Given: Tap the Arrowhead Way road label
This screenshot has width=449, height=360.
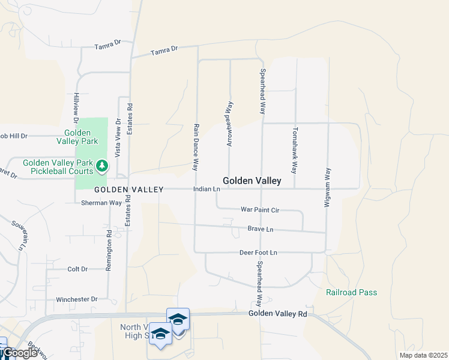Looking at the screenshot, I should coord(229,124).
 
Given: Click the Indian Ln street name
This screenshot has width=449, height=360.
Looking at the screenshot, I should coord(207,189).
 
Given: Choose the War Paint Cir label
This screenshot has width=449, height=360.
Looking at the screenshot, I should coord(260,210).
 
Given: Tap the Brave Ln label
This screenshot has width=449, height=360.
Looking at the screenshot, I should coord(261,229).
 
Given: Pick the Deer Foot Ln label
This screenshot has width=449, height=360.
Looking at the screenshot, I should coord(258,253).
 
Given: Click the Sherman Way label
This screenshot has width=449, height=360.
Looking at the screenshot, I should coord(102,203).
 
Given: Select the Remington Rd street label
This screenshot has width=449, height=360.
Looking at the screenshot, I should coord(109,251).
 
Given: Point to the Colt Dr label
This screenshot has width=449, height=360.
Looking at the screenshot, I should coord(77,269).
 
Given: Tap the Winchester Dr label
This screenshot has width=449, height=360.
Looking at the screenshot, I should coord(76,299).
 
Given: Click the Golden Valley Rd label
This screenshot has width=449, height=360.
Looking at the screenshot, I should coord(278,314).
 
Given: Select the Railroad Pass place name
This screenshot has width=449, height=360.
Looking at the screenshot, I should coord(351,292).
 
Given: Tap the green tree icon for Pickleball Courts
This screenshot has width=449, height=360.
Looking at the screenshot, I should coord(102,164).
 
